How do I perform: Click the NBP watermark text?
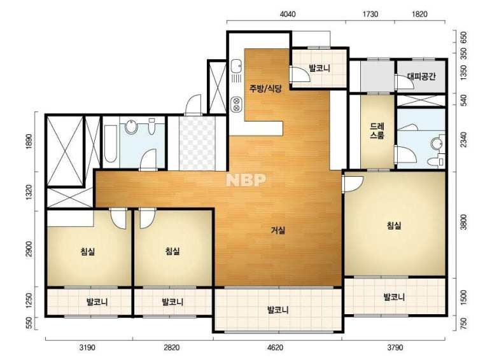pos(246,180)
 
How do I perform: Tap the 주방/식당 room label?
pos(265,88)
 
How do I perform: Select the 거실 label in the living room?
pos(278,230)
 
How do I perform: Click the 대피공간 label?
pos(421,76)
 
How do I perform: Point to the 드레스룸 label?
pos(377,131)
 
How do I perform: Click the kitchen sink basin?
pos(236,66)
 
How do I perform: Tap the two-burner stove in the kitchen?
pos(236,105)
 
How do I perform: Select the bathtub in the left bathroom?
pos(111,144)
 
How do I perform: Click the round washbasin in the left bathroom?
pos(131,127)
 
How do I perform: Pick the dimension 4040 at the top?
pos(288,14)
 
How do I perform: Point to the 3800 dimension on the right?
pos(463,222)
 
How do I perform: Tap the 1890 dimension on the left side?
pos(29,141)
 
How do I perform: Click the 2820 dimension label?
pos(172,347)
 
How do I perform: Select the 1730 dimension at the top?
pos(370,14)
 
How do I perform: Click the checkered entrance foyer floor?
pos(197,143)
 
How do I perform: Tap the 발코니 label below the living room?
pos(278,310)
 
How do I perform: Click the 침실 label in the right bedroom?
pos(394,225)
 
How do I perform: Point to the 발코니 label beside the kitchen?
pos(320,68)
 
